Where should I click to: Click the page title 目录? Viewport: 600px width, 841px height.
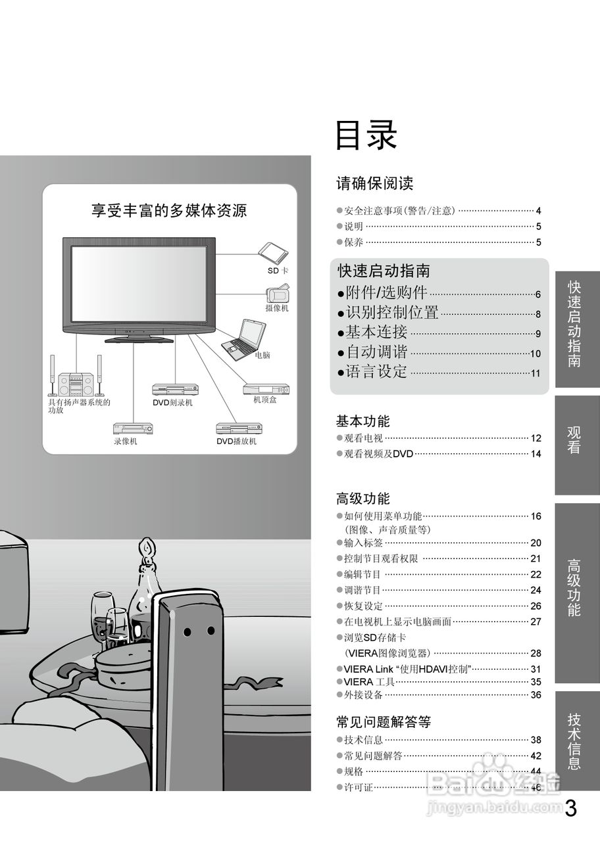366,136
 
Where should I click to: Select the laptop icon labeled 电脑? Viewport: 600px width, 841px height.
245,337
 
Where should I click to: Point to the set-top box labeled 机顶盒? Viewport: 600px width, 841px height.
266,389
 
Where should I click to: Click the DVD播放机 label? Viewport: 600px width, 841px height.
237,442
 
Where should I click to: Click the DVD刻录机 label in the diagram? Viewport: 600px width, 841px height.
172,403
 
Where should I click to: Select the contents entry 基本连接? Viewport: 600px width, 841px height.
376,332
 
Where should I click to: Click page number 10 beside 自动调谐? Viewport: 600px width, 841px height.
535,353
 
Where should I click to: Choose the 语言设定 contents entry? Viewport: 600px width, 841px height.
376,372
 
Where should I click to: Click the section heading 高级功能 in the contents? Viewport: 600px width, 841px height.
363,499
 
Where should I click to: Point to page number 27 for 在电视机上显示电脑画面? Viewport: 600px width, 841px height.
535,622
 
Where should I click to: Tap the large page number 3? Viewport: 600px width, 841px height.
570,808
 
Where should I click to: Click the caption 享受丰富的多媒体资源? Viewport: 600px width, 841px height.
169,211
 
